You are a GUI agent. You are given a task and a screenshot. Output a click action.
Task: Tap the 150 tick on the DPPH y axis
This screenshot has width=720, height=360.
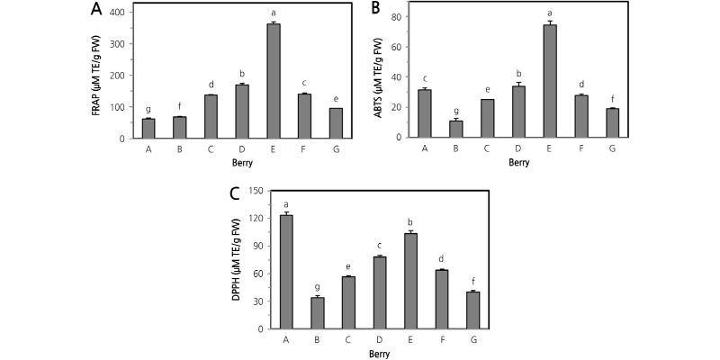(x=256, y=190)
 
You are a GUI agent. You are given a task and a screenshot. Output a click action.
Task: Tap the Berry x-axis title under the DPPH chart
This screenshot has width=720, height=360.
(x=379, y=355)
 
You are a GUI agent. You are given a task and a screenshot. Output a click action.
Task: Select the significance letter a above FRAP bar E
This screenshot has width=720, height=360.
(x=274, y=14)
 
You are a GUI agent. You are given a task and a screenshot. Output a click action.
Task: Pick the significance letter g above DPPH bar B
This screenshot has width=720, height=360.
(x=317, y=287)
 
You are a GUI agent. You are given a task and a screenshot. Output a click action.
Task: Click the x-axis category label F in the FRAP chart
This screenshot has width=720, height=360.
(x=304, y=150)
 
